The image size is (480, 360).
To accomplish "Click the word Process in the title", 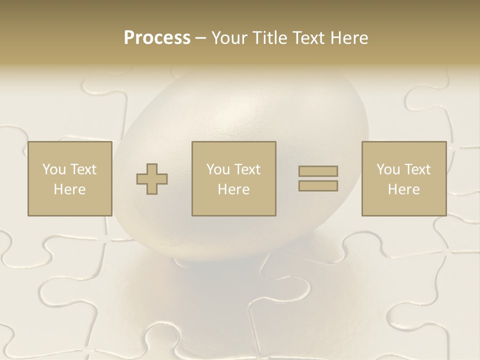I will click(x=157, y=38).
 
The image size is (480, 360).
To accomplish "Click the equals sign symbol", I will click(x=318, y=178).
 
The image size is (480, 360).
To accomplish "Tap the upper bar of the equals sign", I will click(x=318, y=171).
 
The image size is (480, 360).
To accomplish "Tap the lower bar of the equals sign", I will click(x=318, y=185).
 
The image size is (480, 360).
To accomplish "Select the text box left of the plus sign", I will click(x=69, y=179).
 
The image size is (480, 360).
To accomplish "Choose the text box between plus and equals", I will click(x=233, y=179).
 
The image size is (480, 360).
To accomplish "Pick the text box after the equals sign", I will click(x=403, y=179).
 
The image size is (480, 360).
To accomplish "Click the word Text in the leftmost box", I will click(x=83, y=169).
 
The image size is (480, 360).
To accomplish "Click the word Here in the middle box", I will click(x=233, y=189).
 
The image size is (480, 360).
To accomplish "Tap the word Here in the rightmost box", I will click(x=403, y=189).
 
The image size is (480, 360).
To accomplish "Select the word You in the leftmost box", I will click(x=53, y=169).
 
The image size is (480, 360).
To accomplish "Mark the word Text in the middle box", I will click(x=247, y=169).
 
